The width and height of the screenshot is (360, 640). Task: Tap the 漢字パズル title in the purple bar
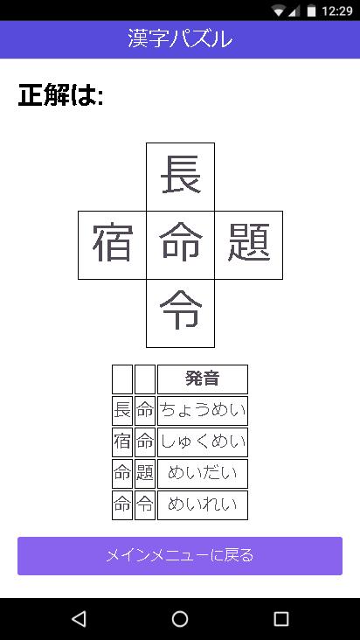click(180, 39)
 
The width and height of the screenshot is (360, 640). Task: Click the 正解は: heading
click(60, 95)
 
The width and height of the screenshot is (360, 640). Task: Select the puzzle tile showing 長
click(180, 177)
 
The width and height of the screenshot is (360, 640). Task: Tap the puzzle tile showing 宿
click(112, 245)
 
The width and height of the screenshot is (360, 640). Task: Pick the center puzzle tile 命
click(180, 245)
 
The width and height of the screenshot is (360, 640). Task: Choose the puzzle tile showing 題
click(249, 245)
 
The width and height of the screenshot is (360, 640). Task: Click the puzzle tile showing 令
click(180, 314)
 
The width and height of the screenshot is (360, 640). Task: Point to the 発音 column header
click(203, 379)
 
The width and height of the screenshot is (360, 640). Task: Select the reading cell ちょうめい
click(203, 411)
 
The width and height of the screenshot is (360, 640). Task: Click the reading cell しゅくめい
click(203, 442)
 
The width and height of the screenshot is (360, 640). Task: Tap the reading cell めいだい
click(203, 474)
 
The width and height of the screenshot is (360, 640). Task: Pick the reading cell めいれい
click(203, 504)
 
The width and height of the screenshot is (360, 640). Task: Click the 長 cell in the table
click(122, 411)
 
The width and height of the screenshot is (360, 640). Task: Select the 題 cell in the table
click(145, 474)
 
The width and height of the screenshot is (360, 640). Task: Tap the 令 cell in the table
click(145, 504)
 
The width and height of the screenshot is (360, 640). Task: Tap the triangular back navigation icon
click(79, 619)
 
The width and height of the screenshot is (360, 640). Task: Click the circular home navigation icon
click(180, 619)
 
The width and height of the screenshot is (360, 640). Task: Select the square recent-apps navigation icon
click(280, 619)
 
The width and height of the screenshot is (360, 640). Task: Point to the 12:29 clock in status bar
click(336, 10)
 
